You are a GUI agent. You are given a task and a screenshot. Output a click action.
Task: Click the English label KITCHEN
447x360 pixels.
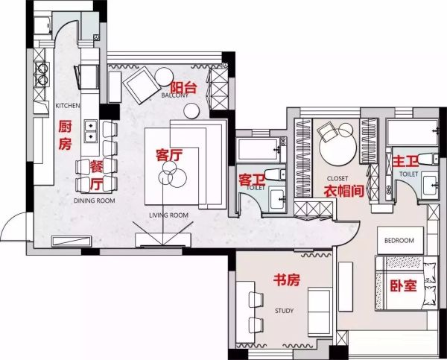tap(68, 106)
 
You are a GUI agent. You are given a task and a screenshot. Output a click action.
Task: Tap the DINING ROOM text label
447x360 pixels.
tap(95, 200)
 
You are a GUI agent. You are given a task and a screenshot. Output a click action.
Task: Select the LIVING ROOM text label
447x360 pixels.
tap(169, 215)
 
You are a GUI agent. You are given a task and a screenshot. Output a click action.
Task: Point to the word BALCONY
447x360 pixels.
tap(174, 95)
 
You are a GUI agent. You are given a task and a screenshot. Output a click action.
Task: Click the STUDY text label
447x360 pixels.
tap(285, 311)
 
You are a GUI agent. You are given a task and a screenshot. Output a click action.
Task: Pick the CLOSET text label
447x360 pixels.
tap(337, 179)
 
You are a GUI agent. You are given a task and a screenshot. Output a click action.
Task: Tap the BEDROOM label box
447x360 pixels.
tap(400, 241)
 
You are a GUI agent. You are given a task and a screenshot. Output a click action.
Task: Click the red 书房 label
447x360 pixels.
tap(287, 280)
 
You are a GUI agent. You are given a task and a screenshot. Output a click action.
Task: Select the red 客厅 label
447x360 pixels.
tap(169, 155)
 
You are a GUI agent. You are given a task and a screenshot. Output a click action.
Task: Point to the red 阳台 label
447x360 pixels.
tap(183, 87)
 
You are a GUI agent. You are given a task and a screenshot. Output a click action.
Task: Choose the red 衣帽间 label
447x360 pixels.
tap(344, 191)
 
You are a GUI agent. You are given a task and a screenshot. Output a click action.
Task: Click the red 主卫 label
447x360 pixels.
tap(405, 161)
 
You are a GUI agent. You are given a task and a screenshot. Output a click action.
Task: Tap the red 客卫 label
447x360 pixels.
tap(252, 180)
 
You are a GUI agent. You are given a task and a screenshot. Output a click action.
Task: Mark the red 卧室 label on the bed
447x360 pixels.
tap(403, 285)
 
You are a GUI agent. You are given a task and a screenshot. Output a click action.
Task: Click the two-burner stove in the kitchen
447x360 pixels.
tap(42, 75)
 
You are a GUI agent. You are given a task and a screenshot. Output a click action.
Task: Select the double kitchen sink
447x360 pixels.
tap(91, 131)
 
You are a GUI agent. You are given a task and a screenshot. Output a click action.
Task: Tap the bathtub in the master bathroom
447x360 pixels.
tap(413, 133)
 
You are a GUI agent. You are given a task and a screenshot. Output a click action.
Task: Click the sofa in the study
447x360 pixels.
tap(320, 312)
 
